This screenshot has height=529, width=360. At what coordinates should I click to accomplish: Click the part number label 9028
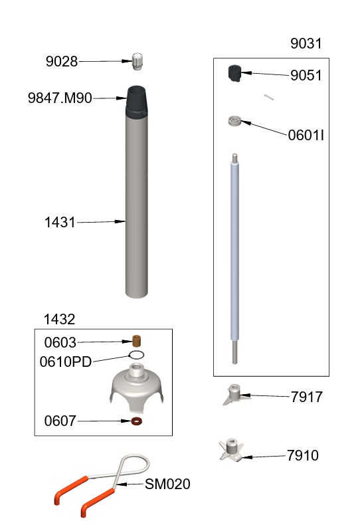62,62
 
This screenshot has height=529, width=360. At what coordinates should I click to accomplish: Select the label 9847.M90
60,99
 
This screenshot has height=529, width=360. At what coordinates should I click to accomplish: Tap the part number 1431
60,223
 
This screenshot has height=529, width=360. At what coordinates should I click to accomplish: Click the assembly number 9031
306,45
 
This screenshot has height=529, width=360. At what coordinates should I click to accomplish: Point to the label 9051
306,76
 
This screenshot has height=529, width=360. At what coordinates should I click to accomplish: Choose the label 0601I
306,136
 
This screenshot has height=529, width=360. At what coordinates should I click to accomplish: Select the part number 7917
307,397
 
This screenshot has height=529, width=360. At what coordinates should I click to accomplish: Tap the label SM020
167,484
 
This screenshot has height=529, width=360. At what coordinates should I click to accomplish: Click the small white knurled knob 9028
138,61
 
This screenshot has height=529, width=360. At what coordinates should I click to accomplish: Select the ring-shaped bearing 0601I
233,121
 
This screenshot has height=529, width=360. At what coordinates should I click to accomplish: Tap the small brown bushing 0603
137,341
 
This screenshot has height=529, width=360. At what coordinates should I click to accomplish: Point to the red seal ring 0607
137,421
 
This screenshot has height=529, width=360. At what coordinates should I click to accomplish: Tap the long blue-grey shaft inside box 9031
234,253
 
